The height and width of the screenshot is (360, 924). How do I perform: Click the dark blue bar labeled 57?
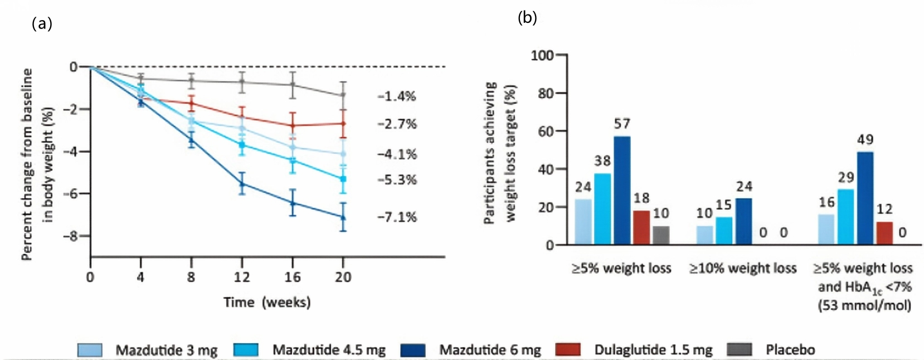pos(622,190)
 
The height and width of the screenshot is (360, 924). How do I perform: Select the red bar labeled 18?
pos(641,227)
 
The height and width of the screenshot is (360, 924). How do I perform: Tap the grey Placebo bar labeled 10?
pos(661,235)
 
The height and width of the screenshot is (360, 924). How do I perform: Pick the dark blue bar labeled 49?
pos(865,198)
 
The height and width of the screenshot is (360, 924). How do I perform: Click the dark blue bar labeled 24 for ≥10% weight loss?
pos(743,221)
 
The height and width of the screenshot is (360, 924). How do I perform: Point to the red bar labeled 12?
pos(884,233)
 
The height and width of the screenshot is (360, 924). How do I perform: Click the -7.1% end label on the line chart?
pos(397,217)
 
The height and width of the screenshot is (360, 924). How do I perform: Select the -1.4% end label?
pos(397,96)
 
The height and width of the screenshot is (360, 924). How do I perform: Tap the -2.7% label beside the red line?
pos(397,124)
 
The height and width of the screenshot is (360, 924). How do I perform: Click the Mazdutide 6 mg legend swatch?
pos(413,350)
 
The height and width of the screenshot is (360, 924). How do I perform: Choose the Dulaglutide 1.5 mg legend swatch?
pos(568,350)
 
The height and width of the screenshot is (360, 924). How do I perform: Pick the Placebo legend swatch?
pos(740,350)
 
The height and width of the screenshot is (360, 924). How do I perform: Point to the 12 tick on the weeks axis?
pos(241,277)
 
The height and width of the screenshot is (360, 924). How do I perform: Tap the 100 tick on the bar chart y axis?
pos(542,55)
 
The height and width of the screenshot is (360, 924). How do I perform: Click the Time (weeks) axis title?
pos(267,302)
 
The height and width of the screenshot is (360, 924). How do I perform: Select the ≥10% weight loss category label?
pos(743,269)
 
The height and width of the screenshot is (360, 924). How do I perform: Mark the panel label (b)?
pos(527,18)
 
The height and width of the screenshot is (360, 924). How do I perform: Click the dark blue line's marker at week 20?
pos(343,217)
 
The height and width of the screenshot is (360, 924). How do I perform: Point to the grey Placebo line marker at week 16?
pos(293,85)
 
